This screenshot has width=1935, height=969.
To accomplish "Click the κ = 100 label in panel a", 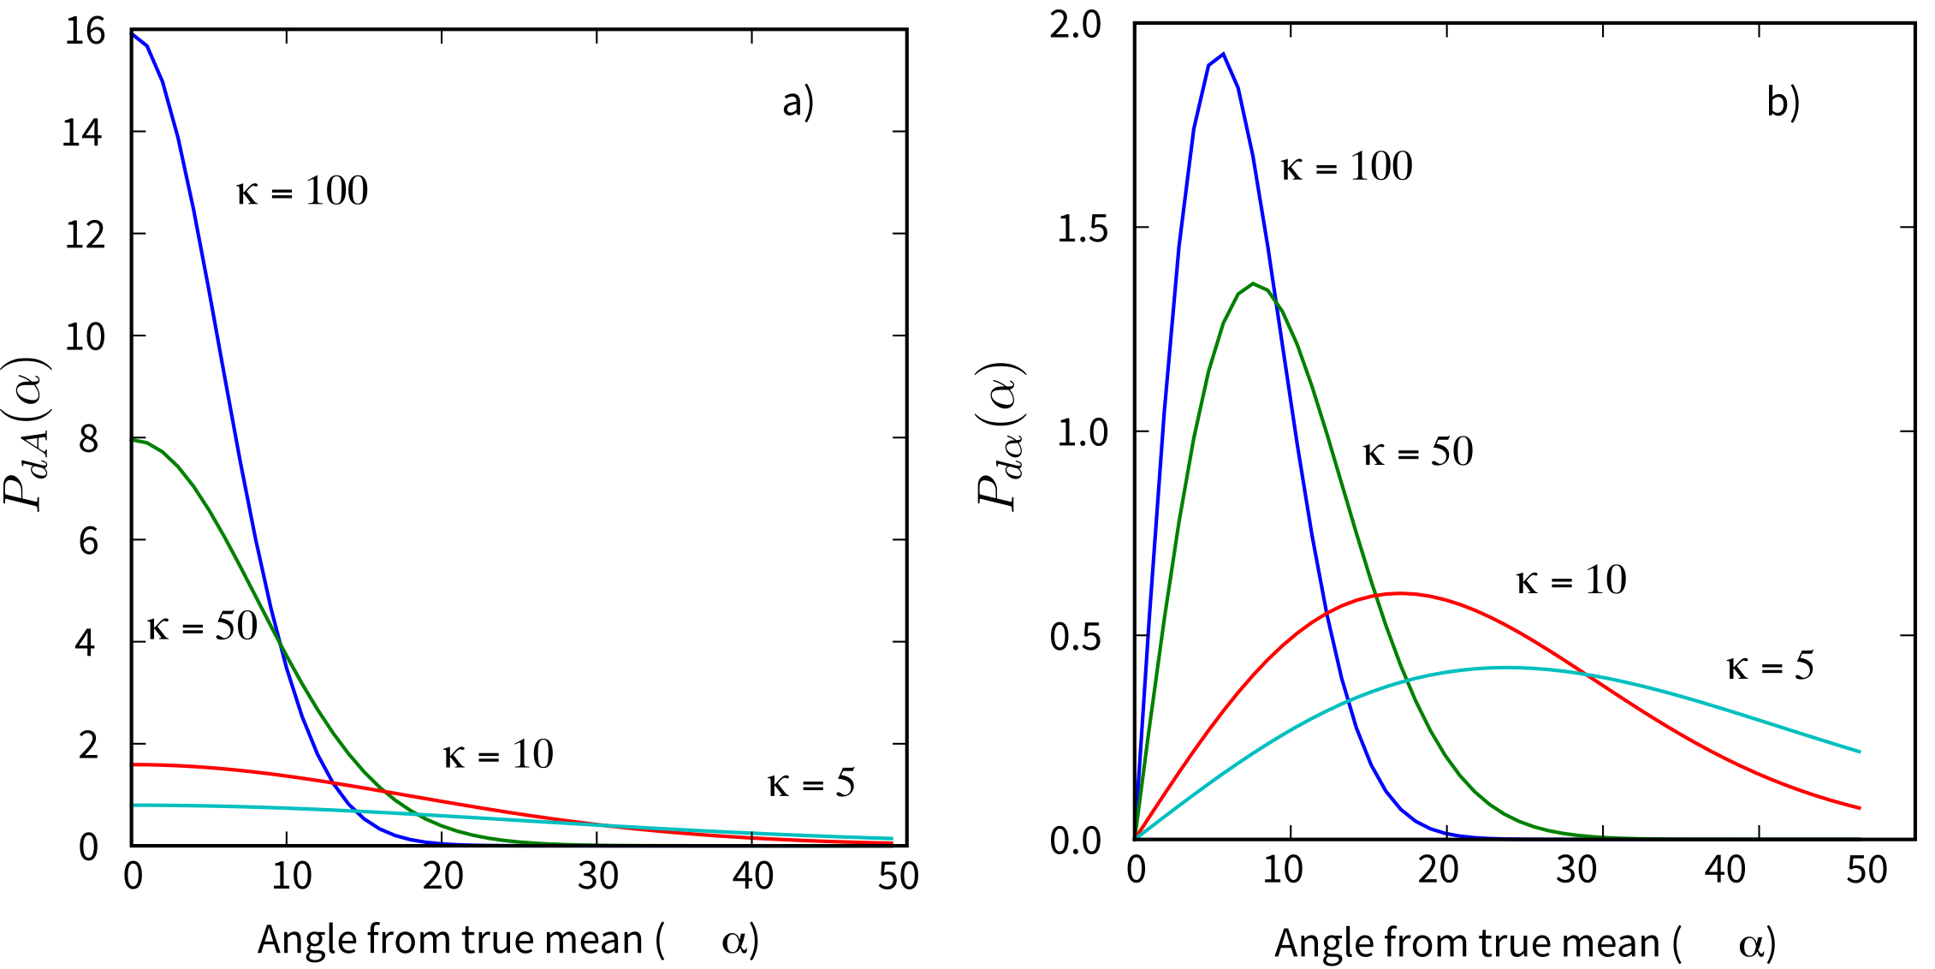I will [302, 191].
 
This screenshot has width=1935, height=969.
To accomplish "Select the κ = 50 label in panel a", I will [202, 627].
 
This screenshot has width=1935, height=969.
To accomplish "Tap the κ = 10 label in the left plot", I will [498, 755].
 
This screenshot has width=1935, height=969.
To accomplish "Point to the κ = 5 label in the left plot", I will [811, 783].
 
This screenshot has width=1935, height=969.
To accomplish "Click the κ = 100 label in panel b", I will [1346, 167].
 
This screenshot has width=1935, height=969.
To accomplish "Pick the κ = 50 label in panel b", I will [1418, 452].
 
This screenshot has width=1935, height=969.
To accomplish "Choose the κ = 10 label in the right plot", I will [1571, 581].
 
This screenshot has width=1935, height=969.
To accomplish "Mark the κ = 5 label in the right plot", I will [1770, 666].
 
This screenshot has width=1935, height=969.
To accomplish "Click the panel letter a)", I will [798, 102].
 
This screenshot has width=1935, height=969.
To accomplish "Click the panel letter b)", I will [1784, 102].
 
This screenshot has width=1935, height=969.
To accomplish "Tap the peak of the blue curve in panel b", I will [1223, 54].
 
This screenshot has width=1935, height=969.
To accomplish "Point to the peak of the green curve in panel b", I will [1253, 283].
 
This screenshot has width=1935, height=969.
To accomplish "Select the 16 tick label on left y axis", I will [84, 32].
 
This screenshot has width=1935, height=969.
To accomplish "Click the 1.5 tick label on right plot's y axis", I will [1082, 229].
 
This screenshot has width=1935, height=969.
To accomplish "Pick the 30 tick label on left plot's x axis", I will [597, 876].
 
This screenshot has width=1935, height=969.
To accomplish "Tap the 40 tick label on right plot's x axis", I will [1725, 871].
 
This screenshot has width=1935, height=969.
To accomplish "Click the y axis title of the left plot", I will [27, 433].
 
